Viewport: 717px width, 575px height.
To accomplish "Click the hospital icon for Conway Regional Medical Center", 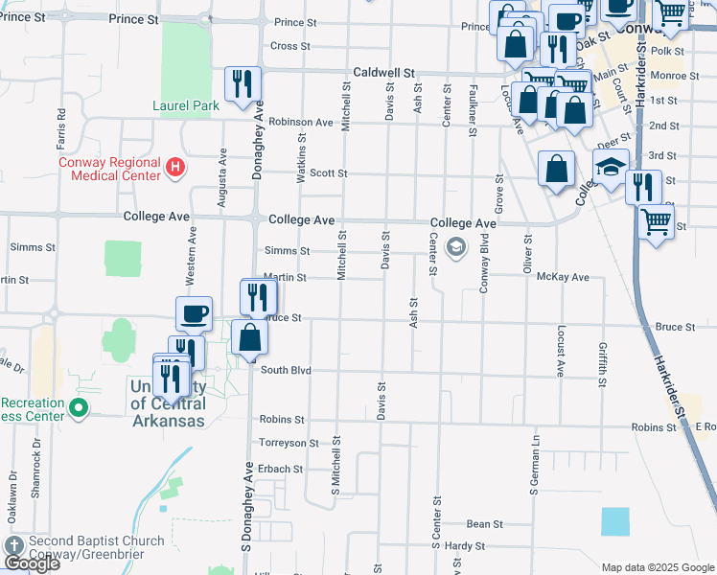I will (x=174, y=169).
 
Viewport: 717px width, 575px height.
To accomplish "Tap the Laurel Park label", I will (x=179, y=105).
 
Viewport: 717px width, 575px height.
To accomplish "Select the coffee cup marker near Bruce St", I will (x=194, y=313).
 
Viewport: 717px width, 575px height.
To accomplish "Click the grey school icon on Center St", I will (x=456, y=248).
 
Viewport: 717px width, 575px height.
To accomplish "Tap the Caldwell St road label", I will (x=383, y=72).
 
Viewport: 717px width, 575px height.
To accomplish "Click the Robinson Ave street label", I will (x=300, y=122).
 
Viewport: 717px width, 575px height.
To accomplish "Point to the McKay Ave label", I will (x=563, y=277).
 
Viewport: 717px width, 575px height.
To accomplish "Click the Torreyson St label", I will (x=289, y=444).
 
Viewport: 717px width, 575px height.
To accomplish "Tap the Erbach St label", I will (x=281, y=470).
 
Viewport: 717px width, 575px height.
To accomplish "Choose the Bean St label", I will (x=484, y=524).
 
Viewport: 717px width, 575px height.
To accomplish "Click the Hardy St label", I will (x=466, y=546).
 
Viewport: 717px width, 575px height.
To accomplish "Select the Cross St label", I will (x=290, y=46).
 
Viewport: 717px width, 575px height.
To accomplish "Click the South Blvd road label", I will (x=286, y=370).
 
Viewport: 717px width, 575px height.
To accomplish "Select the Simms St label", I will (x=293, y=250).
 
